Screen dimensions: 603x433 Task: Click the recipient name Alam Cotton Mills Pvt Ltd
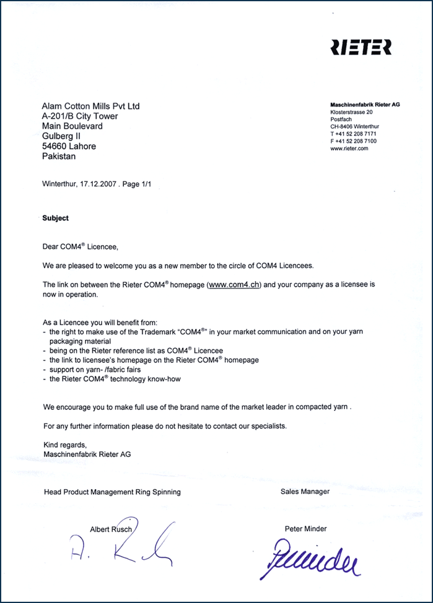pyautogui.click(x=91, y=106)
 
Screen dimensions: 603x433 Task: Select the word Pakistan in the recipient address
pyautogui.click(x=59, y=157)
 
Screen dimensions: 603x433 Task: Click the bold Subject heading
pyautogui.click(x=55, y=218)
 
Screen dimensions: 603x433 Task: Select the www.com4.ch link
pyautogui.click(x=235, y=284)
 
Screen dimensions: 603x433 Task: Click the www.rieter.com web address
pyautogui.click(x=349, y=149)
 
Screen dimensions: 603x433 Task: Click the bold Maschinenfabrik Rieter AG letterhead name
pyautogui.click(x=365, y=105)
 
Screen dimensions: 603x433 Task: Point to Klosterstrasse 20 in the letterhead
pyautogui.click(x=351, y=112)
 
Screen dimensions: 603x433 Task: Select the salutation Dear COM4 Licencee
pyautogui.click(x=79, y=247)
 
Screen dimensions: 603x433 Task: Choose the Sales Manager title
pyautogui.click(x=305, y=492)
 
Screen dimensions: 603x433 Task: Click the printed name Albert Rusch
pyautogui.click(x=111, y=529)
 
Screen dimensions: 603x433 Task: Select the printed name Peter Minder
pyautogui.click(x=305, y=529)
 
